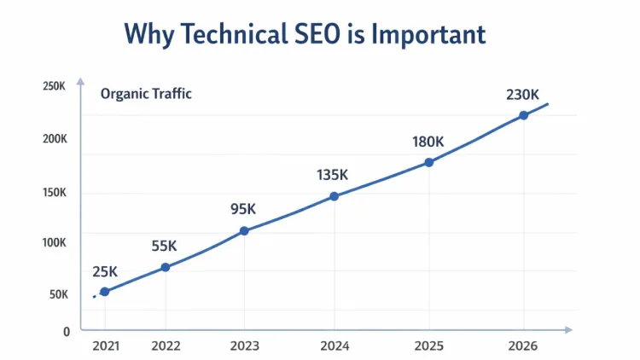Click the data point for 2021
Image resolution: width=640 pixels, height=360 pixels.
(105, 292)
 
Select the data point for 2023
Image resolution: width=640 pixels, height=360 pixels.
(245, 230)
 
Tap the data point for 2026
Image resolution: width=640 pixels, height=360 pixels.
(523, 115)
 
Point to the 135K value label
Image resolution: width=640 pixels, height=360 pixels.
(332, 175)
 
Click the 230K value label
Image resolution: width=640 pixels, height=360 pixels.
(522, 95)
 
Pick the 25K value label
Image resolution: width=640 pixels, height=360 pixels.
(105, 272)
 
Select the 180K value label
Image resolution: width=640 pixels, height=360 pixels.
(428, 142)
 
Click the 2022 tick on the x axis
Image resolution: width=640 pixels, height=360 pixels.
(166, 346)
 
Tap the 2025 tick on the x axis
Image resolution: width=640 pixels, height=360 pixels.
(428, 346)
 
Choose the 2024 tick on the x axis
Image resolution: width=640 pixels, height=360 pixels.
(335, 346)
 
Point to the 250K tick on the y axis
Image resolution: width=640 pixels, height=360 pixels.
(54, 86)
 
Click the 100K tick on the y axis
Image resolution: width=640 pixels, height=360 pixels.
(54, 242)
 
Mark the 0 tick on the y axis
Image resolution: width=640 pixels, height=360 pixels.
(67, 331)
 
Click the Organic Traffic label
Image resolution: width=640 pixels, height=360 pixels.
(146, 94)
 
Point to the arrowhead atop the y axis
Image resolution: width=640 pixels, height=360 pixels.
(80, 82)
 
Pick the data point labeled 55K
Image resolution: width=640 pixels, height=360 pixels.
(166, 267)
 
